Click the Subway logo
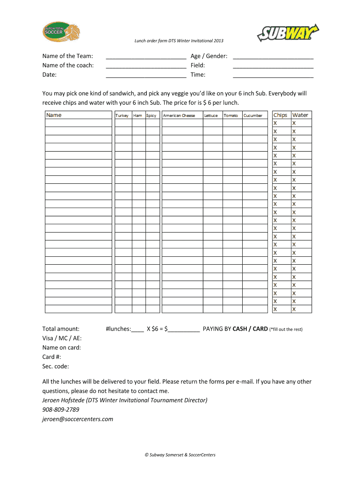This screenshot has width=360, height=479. coord(287,33)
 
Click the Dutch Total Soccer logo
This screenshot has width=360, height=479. coord(61,32)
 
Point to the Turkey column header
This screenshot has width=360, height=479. coord(122,116)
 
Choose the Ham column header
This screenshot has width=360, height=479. coord(137,116)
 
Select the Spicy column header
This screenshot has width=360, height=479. coord(151,116)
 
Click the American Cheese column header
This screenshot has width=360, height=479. coord(179,116)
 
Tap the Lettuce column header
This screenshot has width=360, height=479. coord(211,116)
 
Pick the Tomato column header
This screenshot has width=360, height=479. coord(230,116)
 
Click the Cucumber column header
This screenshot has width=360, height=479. coord(253,116)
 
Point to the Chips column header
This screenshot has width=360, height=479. coord(281,115)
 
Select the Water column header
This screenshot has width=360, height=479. coord(300,115)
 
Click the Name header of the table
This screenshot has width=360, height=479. coord(54,115)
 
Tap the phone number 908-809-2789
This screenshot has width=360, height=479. coord(61,410)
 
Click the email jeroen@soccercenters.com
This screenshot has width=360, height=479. coord(78,419)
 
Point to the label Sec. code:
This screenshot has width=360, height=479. coord(55,366)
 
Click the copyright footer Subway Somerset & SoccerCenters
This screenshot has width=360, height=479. coord(180,455)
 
